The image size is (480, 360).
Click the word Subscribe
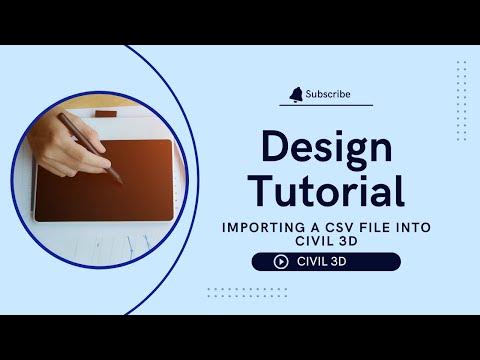pos(330,94)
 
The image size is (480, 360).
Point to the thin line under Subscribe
pos(326,105)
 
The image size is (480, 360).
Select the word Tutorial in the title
pos(326,189)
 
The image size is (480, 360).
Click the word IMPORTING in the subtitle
pos(265,227)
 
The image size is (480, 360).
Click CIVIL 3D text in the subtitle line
pos(326,240)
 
